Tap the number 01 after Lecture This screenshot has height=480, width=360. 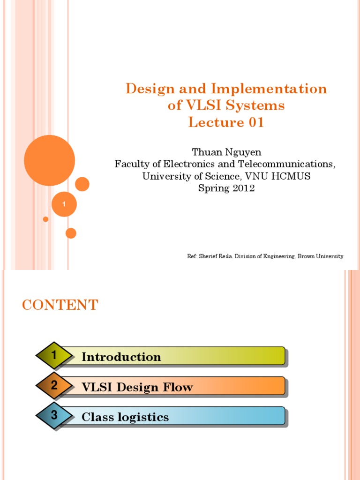pos(254,123)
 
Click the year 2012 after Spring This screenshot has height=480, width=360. pos(241,188)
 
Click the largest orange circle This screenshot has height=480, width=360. pos(49,160)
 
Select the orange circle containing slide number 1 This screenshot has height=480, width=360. pos(64,204)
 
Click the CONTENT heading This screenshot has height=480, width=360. pos(60,305)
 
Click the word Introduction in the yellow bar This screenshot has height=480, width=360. pos(121,357)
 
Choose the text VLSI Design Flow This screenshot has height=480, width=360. pos(137,387)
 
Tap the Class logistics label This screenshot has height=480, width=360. pos(125,417)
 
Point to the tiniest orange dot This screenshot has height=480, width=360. pos(45,219)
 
